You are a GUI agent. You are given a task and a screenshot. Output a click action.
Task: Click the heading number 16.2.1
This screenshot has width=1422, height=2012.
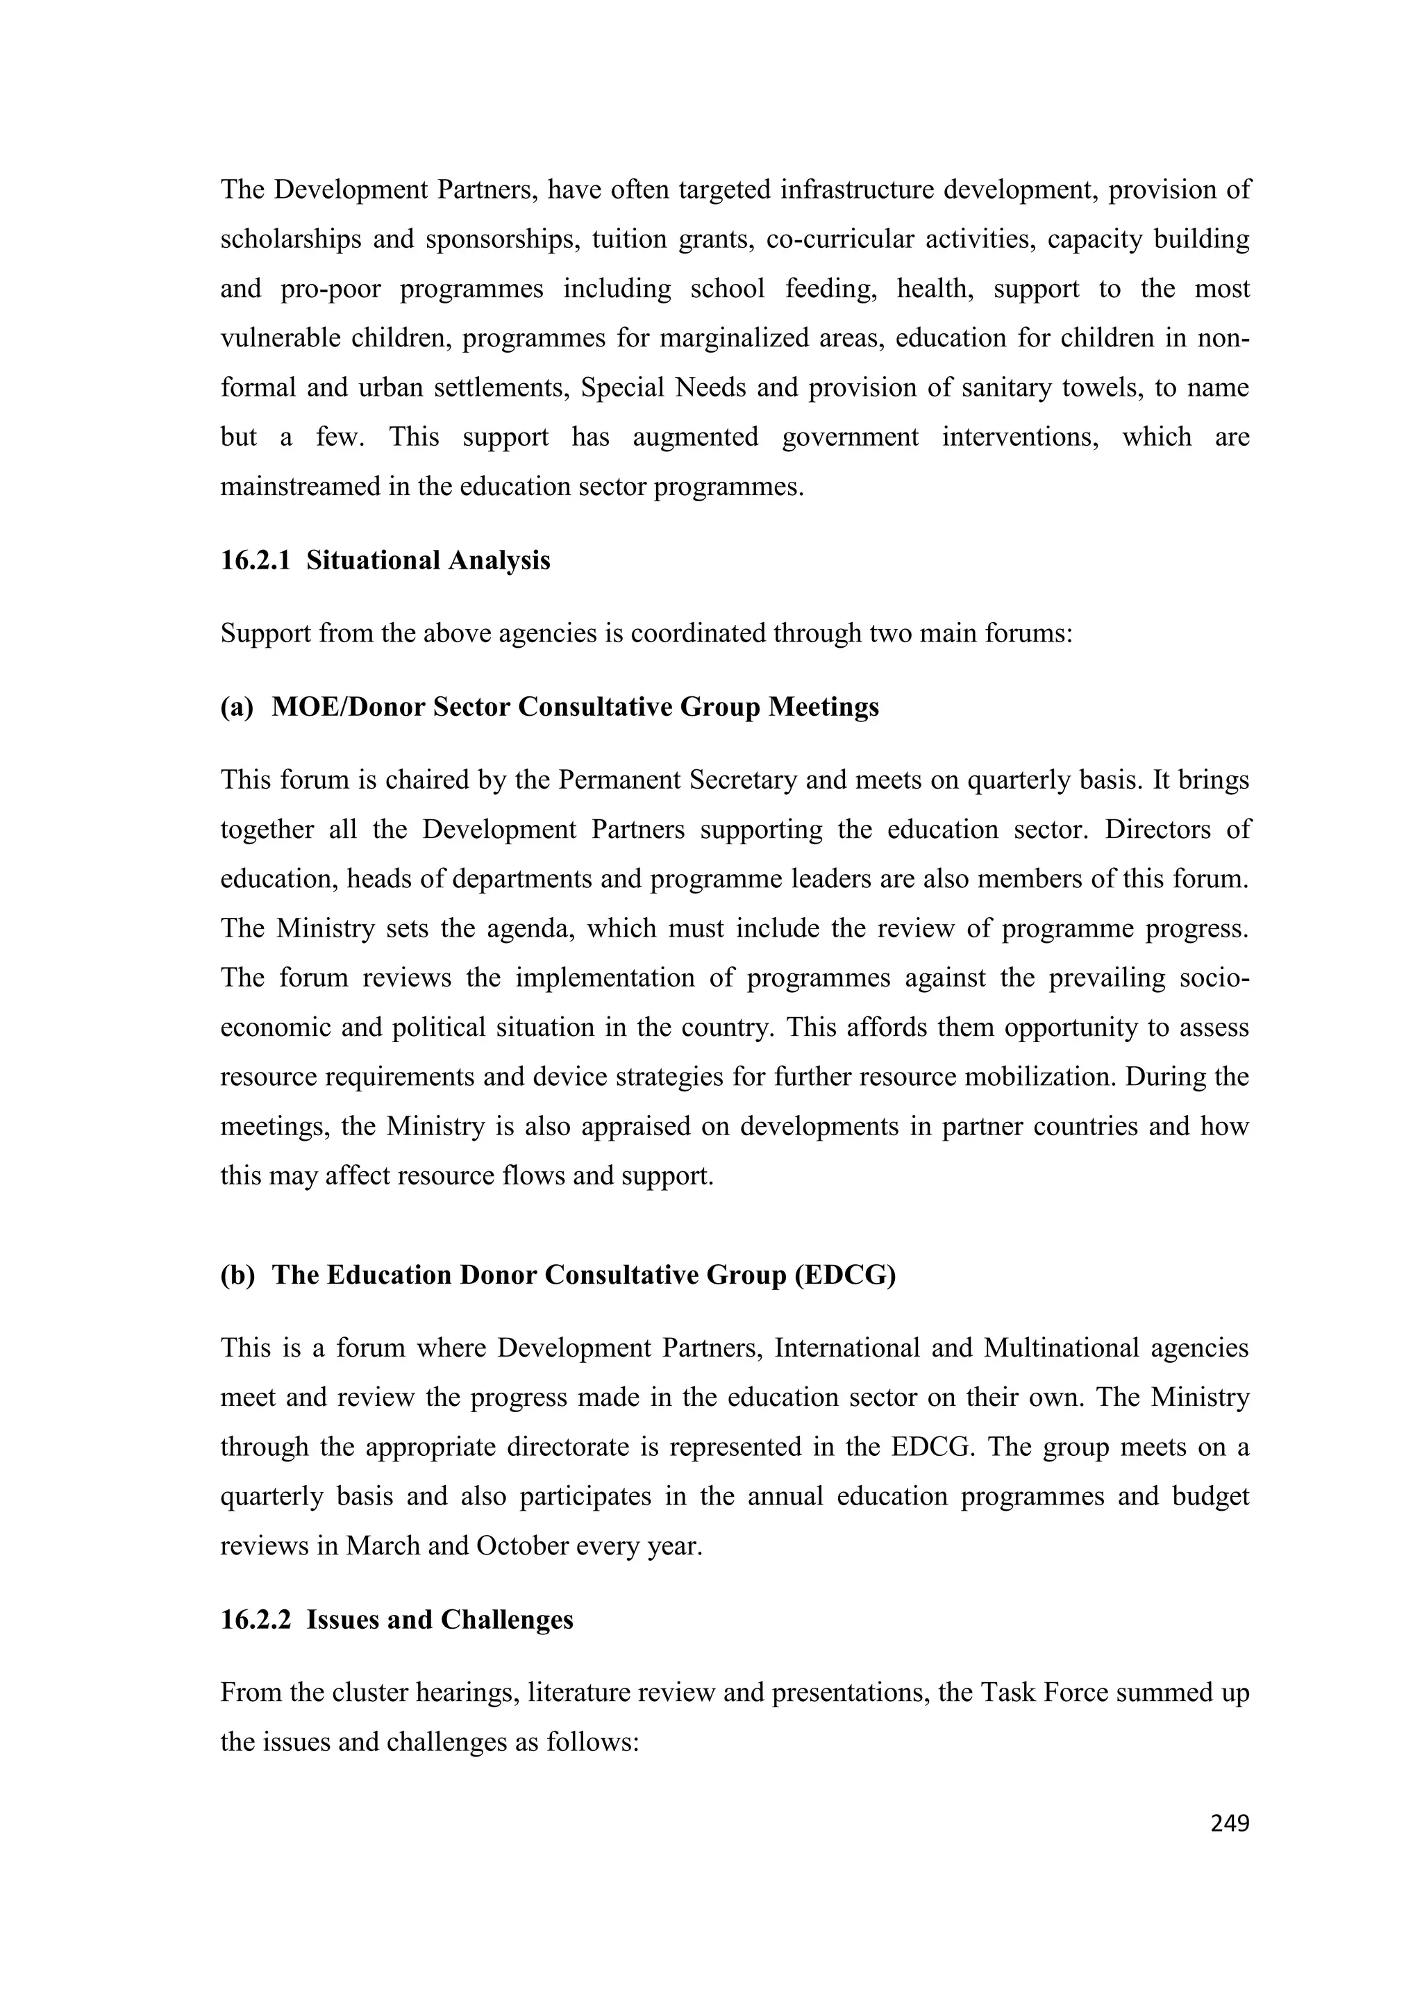pyautogui.click(x=255, y=560)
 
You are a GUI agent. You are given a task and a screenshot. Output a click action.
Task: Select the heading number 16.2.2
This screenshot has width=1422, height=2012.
pyautogui.click(x=255, y=1620)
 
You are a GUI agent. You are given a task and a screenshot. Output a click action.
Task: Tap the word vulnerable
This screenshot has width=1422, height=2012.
pyautogui.click(x=281, y=338)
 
